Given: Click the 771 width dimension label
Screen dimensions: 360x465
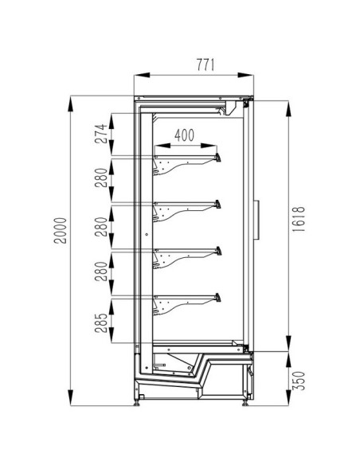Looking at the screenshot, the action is pyautogui.click(x=205, y=65).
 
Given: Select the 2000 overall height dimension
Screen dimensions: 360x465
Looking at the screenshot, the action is pyautogui.click(x=61, y=230).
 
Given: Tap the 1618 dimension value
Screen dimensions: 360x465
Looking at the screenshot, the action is pyautogui.click(x=299, y=219).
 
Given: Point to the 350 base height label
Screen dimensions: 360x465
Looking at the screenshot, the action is pyautogui.click(x=299, y=381).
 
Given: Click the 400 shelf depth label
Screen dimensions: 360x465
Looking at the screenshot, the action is pyautogui.click(x=184, y=135).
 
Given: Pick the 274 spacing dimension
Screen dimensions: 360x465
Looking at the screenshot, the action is pyautogui.click(x=101, y=134).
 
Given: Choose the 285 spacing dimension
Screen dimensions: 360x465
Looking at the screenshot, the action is pyautogui.click(x=101, y=322).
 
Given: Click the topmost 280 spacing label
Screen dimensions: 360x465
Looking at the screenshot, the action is pyautogui.click(x=101, y=178).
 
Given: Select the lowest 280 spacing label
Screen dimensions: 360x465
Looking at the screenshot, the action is pyautogui.click(x=101, y=272).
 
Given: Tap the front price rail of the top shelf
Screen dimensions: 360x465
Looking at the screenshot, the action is pyautogui.click(x=218, y=157).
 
